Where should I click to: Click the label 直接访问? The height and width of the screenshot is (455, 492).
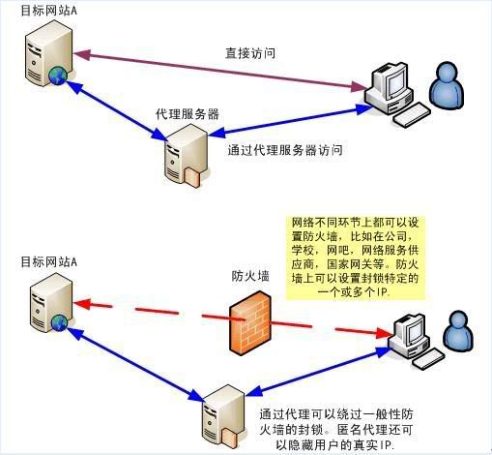[250, 53]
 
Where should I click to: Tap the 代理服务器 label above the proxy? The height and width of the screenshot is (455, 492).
[188, 114]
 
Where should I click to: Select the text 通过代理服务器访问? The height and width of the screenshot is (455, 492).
[285, 150]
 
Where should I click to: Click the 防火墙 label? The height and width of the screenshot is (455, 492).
[250, 276]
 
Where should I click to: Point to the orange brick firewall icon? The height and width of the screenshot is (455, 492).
[250, 321]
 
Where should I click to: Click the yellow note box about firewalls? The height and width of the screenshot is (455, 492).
[355, 258]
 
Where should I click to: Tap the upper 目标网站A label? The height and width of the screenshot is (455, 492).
[49, 11]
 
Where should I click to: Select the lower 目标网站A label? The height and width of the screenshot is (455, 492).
[49, 261]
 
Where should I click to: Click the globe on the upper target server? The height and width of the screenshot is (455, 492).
[58, 76]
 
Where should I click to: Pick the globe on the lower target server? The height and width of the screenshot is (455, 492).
[58, 323]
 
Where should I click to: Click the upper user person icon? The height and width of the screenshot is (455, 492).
[448, 86]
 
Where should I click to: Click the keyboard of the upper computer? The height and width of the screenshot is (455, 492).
[412, 114]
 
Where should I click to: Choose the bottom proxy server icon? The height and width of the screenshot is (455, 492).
[223, 416]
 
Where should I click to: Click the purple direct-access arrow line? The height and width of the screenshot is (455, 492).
[220, 70]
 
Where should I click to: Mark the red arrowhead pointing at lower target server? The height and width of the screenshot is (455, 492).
[81, 304]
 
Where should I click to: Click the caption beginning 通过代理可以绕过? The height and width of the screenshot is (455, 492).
[336, 430]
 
